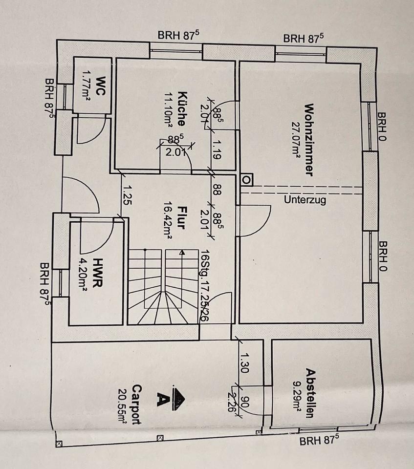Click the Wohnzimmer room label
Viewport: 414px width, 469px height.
(x=308, y=139)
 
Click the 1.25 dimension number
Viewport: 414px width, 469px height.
(x=127, y=193)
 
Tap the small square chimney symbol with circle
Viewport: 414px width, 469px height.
(x=246, y=180)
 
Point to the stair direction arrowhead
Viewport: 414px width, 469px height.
(x=182, y=253)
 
